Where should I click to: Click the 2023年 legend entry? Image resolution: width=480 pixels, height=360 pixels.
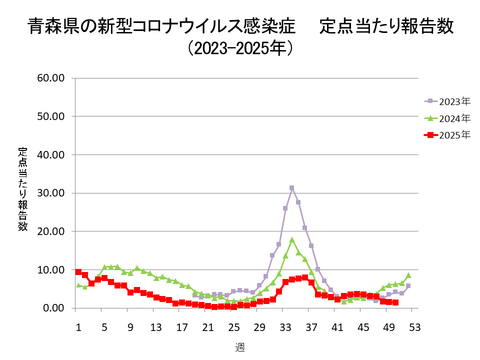pos(448,101)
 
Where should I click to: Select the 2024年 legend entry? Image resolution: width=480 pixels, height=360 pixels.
pos(448,118)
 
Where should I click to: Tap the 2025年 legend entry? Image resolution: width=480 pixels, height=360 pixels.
pos(448,134)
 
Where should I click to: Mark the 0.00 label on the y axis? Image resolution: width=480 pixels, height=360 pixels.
pos(53,308)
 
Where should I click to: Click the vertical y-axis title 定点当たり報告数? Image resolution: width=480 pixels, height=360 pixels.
pos(22,189)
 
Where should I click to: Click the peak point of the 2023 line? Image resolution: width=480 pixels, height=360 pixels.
pos(292,188)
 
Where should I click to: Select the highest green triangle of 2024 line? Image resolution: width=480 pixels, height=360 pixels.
pos(292,240)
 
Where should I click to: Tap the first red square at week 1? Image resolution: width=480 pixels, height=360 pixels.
pos(78,272)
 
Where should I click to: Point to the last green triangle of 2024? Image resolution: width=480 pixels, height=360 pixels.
pos(408,275)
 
